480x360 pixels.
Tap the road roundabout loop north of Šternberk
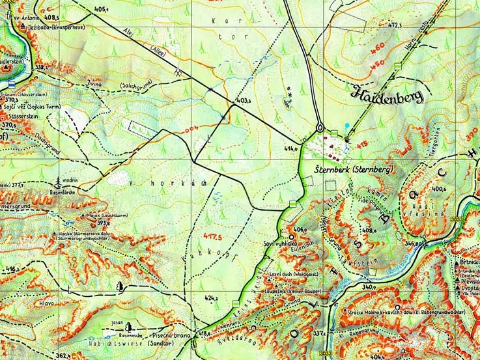[x=320, y=126]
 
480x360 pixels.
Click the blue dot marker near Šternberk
[x=348, y=125]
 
